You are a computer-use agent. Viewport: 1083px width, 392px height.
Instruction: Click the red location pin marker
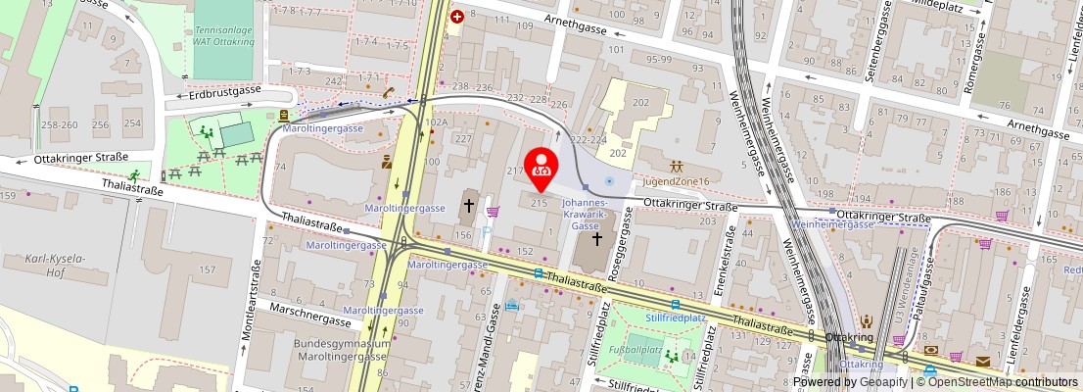[541, 169]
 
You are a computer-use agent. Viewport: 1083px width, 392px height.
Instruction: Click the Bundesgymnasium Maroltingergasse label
[342, 350]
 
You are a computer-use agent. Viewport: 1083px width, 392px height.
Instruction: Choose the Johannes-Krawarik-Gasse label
[586, 214]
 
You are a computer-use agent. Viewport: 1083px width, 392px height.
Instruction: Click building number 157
[207, 269]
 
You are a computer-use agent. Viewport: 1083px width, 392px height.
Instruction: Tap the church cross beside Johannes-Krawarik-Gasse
[597, 238]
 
